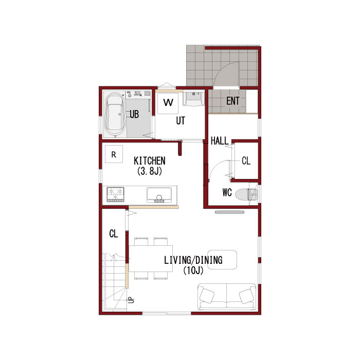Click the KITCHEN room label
tap(150, 160)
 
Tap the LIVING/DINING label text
tap(193, 260)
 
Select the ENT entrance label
tap(233, 101)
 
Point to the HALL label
tap(220, 141)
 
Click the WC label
tap(227, 192)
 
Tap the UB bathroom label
tap(134, 114)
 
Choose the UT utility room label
tap(181, 120)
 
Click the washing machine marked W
tap(168, 103)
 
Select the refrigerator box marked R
tap(114, 154)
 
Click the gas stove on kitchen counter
tap(116, 194)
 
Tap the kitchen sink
tap(159, 195)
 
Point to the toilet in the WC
tap(246, 194)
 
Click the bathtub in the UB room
tap(115, 114)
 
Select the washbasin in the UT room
tap(193, 99)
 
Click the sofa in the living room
tap(227, 297)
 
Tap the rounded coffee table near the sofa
tap(222, 259)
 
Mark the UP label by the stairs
tap(131, 300)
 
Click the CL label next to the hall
tap(246, 160)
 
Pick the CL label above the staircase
tap(114, 233)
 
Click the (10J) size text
tap(193, 271)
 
